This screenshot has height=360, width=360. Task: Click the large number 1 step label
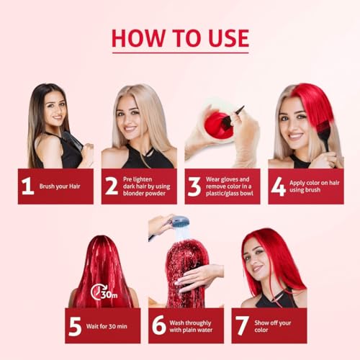[x=28, y=186]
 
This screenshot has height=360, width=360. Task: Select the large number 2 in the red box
[x=112, y=186]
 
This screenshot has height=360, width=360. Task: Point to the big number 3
[x=194, y=186]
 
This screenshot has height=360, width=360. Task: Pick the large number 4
[x=279, y=186]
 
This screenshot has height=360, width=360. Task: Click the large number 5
[x=75, y=326]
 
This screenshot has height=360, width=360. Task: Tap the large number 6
[x=159, y=325]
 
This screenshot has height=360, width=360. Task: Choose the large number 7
[x=242, y=325]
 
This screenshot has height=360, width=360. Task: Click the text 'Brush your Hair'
[x=60, y=186]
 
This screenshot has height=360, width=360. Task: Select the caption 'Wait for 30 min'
[x=107, y=326]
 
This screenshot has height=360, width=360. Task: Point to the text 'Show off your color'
[x=273, y=326]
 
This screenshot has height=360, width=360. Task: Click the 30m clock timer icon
[x=104, y=292]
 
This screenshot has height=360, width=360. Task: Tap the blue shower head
[x=178, y=222]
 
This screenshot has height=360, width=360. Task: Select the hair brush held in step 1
[x=72, y=141]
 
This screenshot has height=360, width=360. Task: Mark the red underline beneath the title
[x=181, y=53]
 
